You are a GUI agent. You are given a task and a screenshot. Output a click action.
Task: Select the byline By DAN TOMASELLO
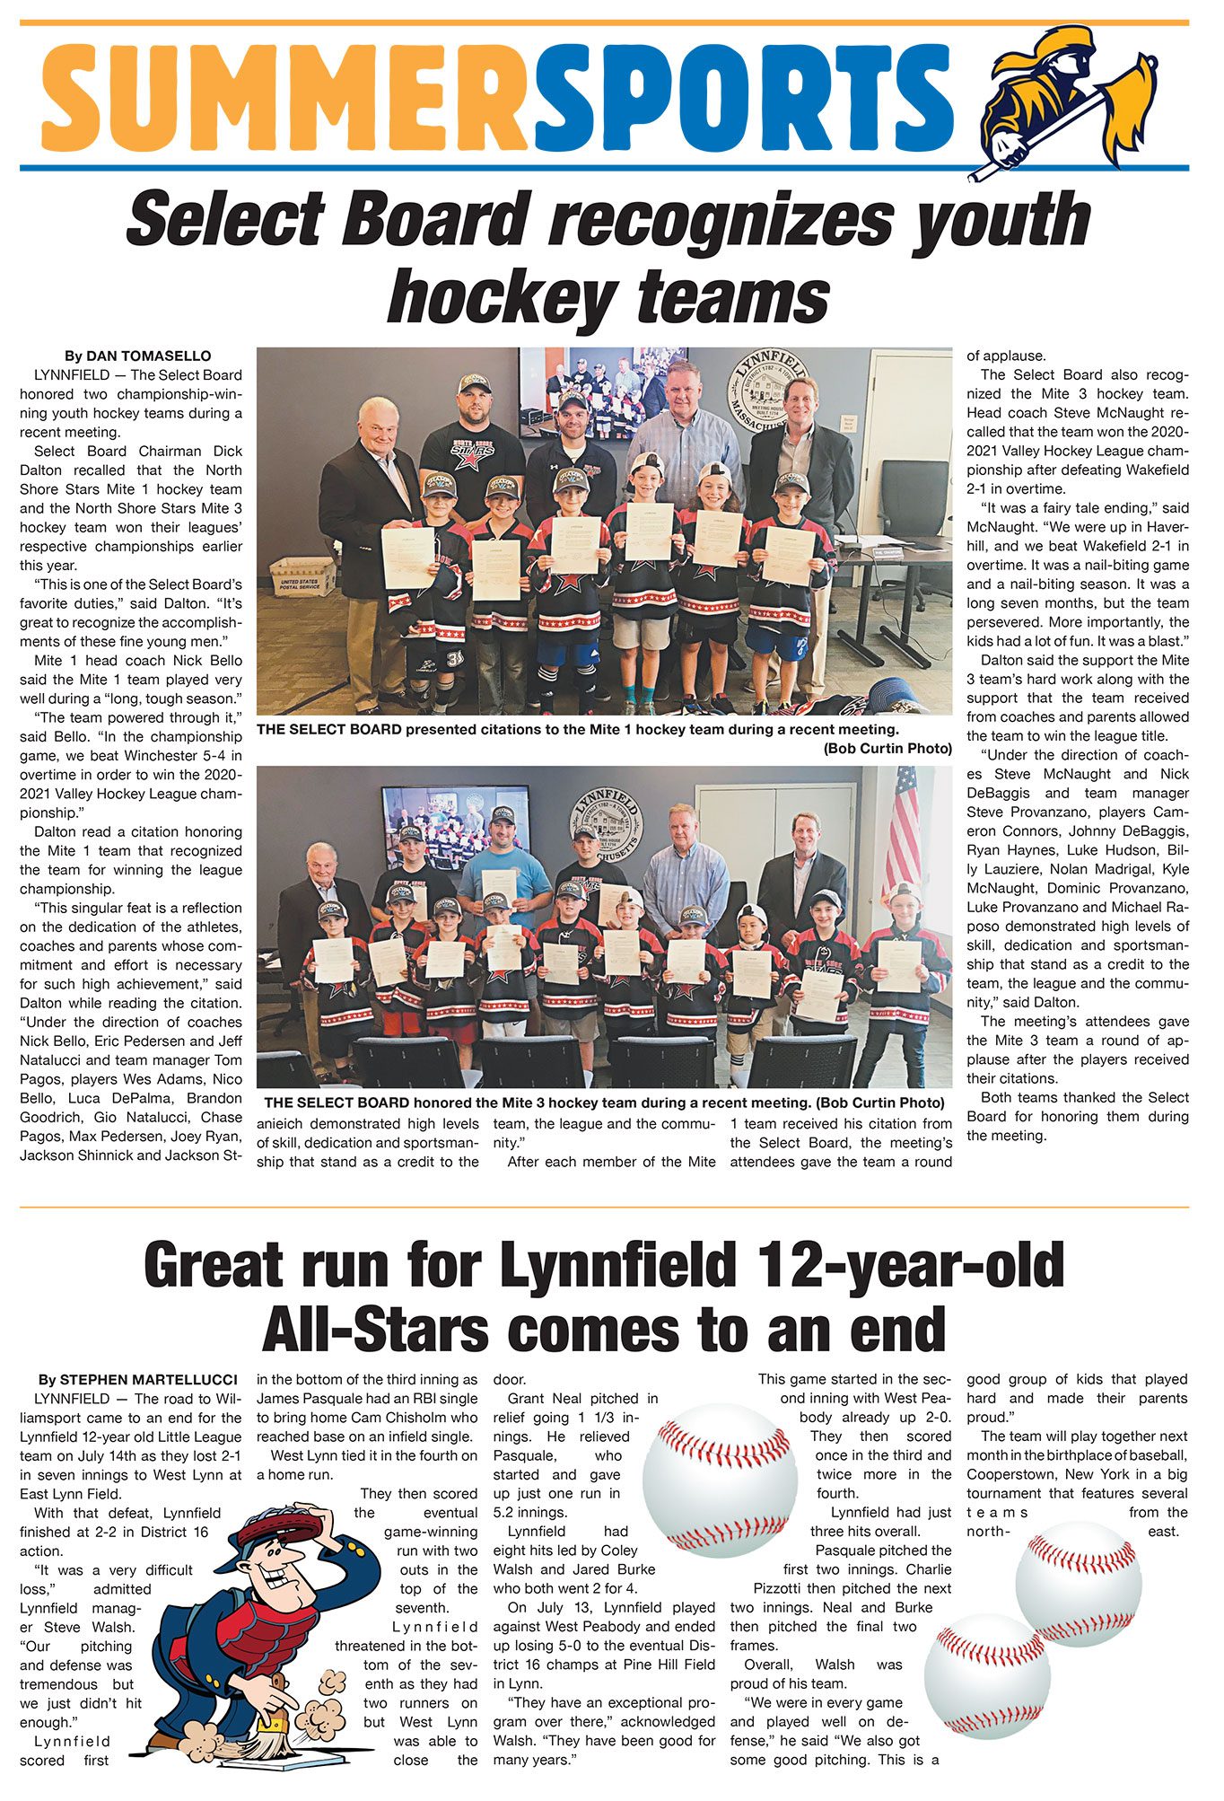(137, 356)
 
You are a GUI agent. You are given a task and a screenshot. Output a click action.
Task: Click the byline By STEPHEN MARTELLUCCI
(137, 1379)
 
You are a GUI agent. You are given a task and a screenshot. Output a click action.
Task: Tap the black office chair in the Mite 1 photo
(913, 503)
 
